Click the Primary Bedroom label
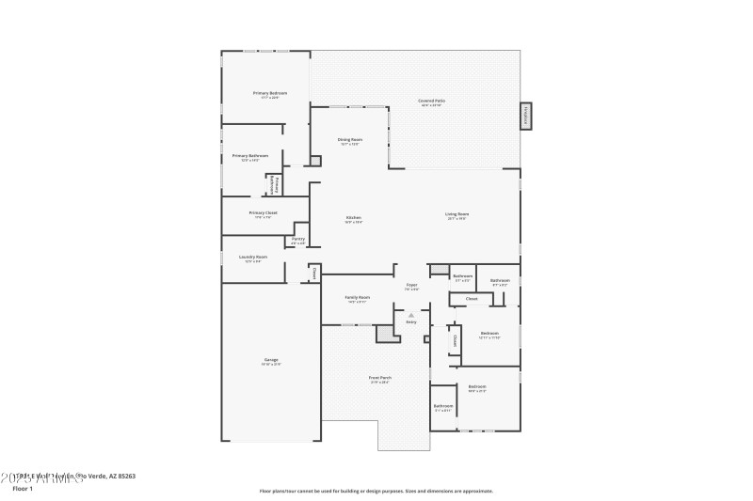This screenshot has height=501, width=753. (270, 93)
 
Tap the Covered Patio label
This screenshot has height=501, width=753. (432, 101)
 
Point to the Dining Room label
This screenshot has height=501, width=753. (350, 139)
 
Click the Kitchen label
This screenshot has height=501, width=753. (353, 217)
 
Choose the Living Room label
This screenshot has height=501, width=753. (457, 214)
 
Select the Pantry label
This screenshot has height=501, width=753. (297, 239)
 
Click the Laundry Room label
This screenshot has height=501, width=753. (253, 257)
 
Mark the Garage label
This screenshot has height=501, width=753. (271, 361)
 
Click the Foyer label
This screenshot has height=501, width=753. (411, 284)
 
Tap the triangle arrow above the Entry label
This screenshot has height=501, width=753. (411, 314)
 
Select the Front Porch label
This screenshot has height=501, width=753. (380, 378)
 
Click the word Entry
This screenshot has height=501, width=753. (411, 322)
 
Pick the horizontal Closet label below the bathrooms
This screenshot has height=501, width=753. (472, 299)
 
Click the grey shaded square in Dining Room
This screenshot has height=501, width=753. (316, 161)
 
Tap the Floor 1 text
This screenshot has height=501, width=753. (23, 489)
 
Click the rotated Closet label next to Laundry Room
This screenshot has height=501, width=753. (314, 274)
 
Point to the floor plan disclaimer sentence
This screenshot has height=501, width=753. (376, 491)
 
